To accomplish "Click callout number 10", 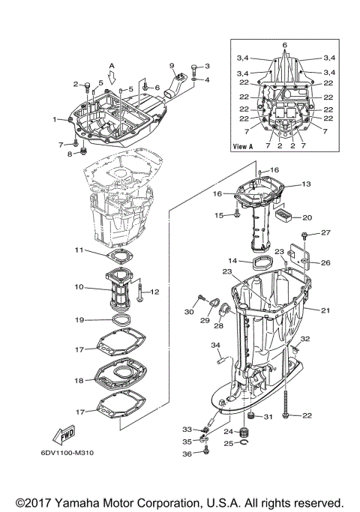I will point(79,286).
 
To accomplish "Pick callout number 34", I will point(215,346).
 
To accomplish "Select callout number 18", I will point(79,380).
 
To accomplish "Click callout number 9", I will point(171,65).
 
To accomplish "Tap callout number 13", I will point(305,184).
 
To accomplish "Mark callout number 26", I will point(325,263).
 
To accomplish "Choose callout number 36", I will point(187,454).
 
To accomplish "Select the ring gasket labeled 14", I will point(260,263).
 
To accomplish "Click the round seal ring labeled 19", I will point(118,321).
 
